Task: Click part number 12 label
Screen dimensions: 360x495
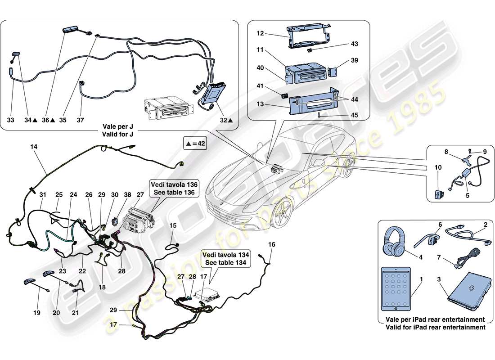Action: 261,34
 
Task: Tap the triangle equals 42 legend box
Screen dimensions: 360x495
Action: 194,144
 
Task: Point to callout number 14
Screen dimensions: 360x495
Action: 34,147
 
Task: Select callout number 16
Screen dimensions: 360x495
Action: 271,245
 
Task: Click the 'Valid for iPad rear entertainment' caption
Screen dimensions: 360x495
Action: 435,328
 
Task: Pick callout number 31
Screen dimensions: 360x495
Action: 43,194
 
